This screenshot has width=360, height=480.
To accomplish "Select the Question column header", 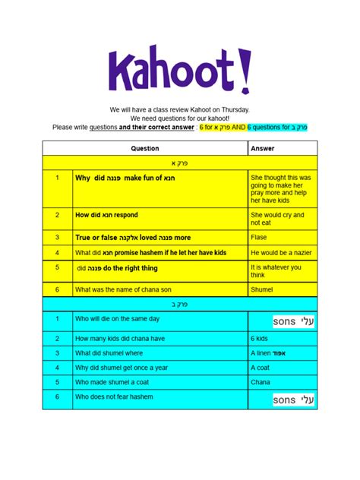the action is click(145, 149).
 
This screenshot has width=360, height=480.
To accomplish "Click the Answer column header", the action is click(263, 149).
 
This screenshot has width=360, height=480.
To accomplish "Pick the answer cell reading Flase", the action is click(260, 238).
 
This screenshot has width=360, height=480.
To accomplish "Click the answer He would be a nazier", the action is click(282, 252).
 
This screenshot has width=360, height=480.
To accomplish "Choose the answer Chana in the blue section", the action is click(261, 383).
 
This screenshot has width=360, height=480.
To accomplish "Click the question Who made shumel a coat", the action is click(117, 383).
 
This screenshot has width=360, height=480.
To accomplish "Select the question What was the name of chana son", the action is click(131, 289).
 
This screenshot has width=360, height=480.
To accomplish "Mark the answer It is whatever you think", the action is click(275, 271).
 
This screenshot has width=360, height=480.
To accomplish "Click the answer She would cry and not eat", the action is click(276, 219).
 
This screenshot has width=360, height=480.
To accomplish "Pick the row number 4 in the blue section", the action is click(57, 368).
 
